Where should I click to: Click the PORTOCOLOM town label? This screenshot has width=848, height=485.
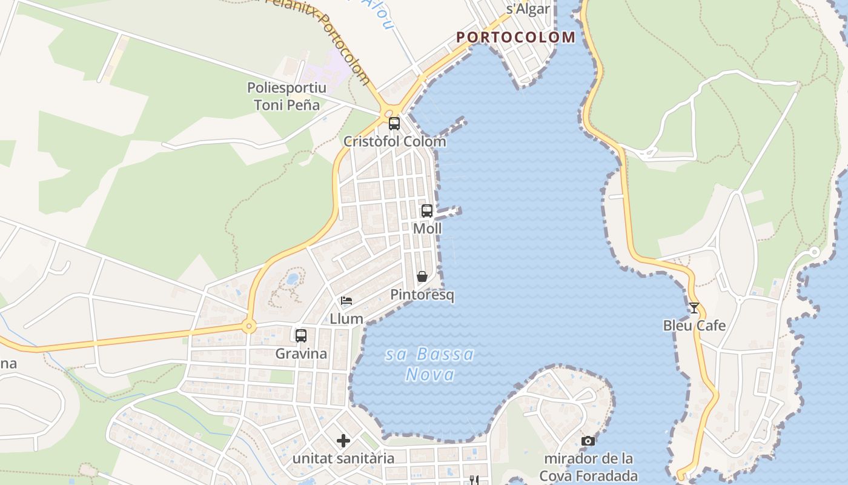click(515, 37)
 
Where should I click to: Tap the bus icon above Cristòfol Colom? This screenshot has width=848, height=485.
click(394, 124)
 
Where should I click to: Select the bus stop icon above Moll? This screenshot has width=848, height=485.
click(427, 211)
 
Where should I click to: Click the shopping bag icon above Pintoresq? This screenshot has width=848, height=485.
click(422, 276)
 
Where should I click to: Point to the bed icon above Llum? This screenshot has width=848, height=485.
click(346, 301)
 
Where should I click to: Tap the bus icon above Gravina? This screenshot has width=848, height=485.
click(301, 335)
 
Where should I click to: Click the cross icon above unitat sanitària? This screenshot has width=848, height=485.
click(343, 440)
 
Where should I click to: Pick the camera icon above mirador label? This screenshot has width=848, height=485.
click(588, 441)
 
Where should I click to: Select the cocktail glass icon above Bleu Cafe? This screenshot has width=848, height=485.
click(694, 308)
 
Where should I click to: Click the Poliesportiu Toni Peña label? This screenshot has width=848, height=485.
click(287, 96)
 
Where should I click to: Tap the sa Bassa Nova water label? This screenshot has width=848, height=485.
click(430, 364)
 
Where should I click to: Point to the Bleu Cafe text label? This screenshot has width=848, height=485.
click(694, 326)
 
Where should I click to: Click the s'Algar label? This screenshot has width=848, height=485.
click(528, 8)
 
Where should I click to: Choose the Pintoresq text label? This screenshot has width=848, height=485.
click(422, 295)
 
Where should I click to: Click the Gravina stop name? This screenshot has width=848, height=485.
click(301, 353)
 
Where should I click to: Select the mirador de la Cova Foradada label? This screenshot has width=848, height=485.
click(588, 467)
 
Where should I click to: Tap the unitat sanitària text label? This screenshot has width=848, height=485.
click(343, 458)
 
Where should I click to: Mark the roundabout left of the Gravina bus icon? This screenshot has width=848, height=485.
click(248, 327)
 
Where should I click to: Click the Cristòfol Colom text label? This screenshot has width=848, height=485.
click(394, 142)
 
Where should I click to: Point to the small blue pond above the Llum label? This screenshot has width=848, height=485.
click(293, 279)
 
